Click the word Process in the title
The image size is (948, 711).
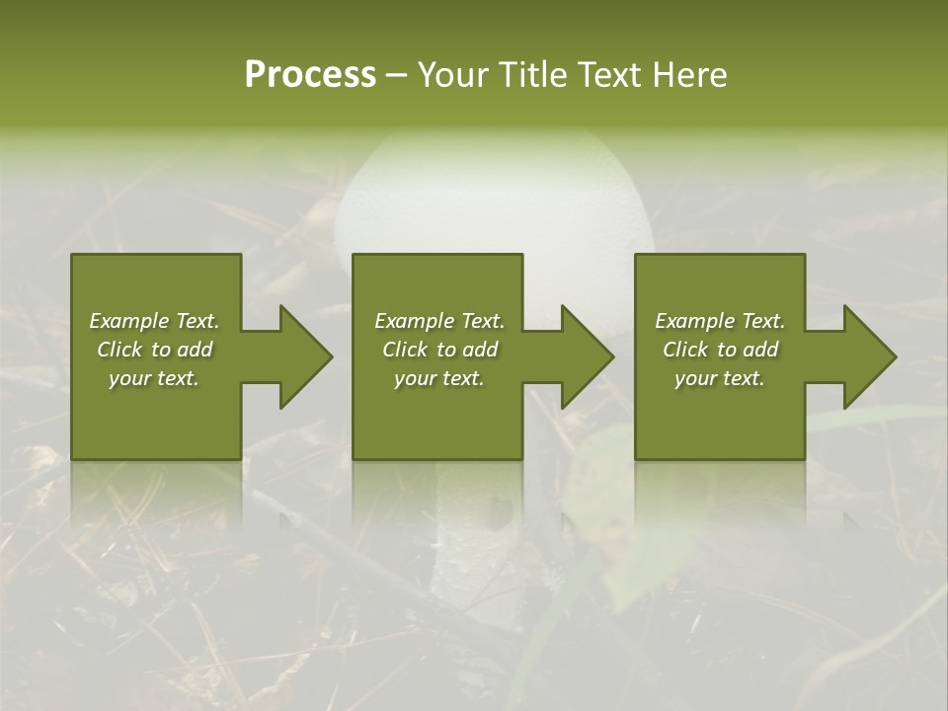pos(310,75)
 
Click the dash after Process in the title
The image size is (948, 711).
pos(396,76)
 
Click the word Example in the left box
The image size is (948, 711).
pos(128,321)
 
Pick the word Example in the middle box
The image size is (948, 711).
pos(414,321)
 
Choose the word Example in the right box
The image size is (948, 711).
pos(694,321)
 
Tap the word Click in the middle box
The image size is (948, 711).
pos(405,350)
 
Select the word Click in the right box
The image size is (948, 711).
pos(685,350)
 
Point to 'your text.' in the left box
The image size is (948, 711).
pos(154,378)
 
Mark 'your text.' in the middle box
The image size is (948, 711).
pos(439,378)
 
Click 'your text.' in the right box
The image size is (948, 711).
pos(720,378)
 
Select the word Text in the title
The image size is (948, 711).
pos(610,75)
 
